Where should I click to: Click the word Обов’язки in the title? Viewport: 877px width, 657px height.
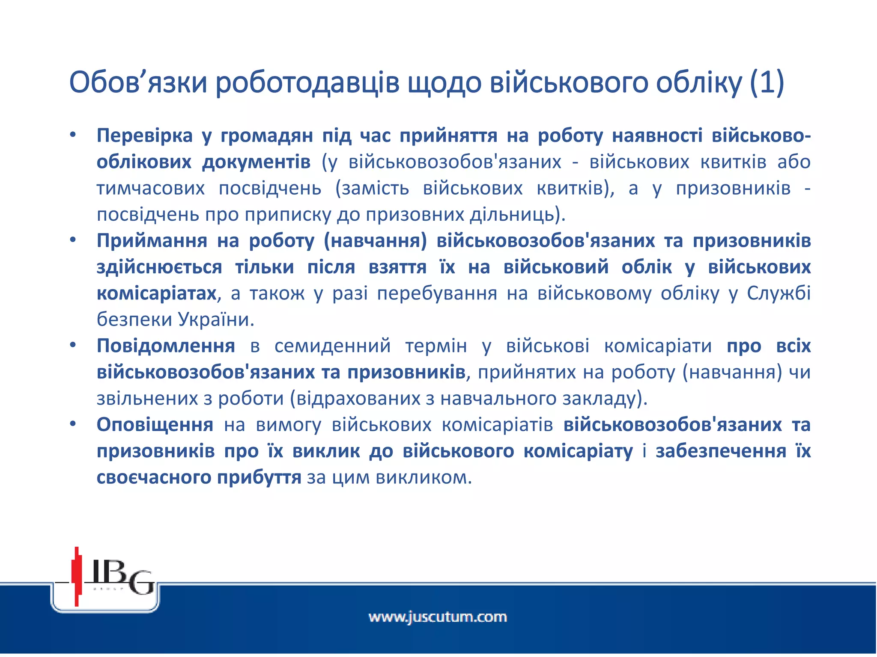pos(138,83)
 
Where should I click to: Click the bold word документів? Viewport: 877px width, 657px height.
pos(256,162)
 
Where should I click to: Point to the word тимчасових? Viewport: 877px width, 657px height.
pos(151,189)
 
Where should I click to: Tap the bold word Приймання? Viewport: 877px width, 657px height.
pos(152,241)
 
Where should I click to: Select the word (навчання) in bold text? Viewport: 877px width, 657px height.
pos(375,241)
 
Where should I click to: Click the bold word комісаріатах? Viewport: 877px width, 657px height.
pos(157,293)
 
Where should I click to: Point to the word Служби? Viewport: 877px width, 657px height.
pos(779,293)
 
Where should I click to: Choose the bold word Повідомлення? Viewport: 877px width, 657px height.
pos(166,346)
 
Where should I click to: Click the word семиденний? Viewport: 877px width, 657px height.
pos(332,346)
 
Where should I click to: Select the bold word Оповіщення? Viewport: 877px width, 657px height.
pos(155,425)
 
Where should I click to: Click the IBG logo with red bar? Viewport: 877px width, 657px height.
pos(105,577)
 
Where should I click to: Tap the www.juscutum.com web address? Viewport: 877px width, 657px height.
pos(438,617)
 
